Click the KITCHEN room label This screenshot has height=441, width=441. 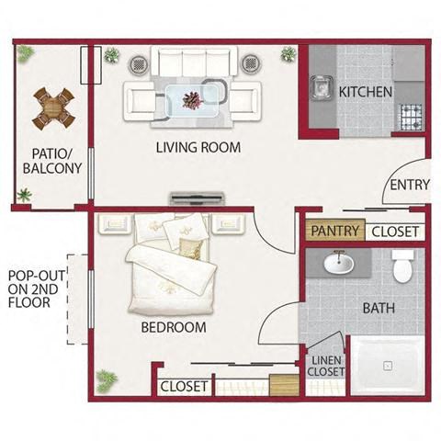pyautogui.click(x=366, y=92)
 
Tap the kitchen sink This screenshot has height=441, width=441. pyautogui.click(x=322, y=88)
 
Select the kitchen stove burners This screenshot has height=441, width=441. pyautogui.click(x=412, y=117)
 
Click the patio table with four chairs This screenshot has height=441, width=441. pyautogui.click(x=53, y=108)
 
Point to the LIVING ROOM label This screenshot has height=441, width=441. pyautogui.click(x=198, y=147)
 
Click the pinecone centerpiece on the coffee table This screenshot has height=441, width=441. pyautogui.click(x=193, y=99)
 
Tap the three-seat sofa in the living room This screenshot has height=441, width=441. pyautogui.click(x=194, y=62)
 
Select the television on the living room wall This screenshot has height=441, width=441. pyautogui.click(x=198, y=198)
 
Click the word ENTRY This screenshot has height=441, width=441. pyautogui.click(x=410, y=185)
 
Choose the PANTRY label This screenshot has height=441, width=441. pyautogui.click(x=335, y=231)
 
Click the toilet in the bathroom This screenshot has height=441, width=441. pyautogui.click(x=403, y=266)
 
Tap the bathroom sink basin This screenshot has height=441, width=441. pyautogui.click(x=339, y=264)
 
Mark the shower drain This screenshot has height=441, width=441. pyautogui.click(x=388, y=366)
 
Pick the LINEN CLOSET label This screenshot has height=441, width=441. pyautogui.click(x=326, y=366)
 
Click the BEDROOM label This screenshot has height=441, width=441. pyautogui.click(x=174, y=327)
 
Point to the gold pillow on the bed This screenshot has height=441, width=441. pyautogui.click(x=191, y=249)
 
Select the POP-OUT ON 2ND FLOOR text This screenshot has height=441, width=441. pyautogui.click(x=36, y=289)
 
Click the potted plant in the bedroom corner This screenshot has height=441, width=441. pyautogui.click(x=106, y=380)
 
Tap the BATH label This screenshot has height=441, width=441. pyautogui.click(x=379, y=308)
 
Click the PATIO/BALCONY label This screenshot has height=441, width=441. pyautogui.click(x=52, y=161)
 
